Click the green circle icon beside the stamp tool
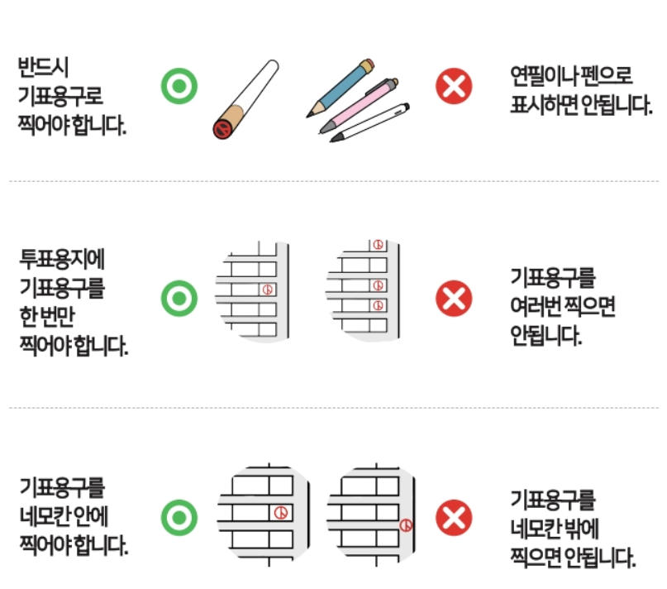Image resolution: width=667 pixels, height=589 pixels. pyautogui.click(x=180, y=87)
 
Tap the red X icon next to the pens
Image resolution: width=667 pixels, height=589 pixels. pyautogui.click(x=454, y=87)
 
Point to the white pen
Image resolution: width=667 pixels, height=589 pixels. pyautogui.click(x=370, y=122)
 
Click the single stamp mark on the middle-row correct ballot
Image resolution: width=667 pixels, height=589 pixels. pyautogui.click(x=266, y=290)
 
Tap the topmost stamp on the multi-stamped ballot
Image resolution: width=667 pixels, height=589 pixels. pyautogui.click(x=378, y=244)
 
